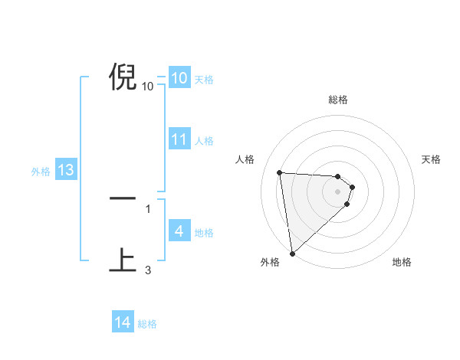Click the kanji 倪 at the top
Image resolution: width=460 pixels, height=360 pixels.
pos(123,77)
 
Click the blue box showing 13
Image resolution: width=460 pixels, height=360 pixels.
pos(66,170)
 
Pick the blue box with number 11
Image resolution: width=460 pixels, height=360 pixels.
pos(179,139)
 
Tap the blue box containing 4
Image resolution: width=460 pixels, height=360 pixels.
pos(179,231)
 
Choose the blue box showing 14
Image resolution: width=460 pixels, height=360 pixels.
pos(123,322)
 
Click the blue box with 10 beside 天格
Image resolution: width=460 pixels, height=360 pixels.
pos(179,77)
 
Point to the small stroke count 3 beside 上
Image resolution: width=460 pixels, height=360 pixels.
pos(148,270)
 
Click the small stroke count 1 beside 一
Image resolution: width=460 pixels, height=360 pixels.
pos(148,208)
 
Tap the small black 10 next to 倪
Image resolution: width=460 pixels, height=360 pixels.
pos(148,86)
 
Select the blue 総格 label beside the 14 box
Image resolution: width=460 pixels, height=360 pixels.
pos(147,324)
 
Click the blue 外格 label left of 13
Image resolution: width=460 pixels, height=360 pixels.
pos(41,172)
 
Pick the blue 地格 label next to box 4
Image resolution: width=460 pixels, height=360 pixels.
pos(204,233)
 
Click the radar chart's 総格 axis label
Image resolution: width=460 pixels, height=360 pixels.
pos(338,100)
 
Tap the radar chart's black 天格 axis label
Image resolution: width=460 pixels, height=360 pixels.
pos(432,159)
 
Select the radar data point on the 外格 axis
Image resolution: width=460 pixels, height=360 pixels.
pos(292,253)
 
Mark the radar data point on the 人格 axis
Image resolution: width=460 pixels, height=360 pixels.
pos(280,172)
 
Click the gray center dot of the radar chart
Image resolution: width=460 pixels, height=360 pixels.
pos(338,191)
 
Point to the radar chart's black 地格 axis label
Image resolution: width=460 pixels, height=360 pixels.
pos(402,263)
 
